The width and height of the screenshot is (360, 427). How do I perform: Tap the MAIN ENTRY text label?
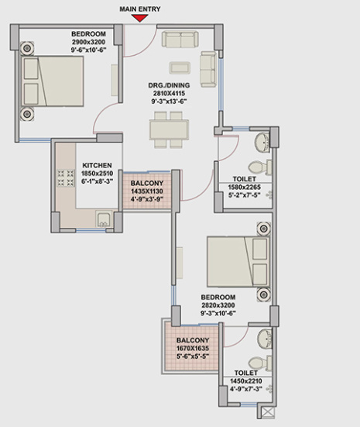coord(141,8)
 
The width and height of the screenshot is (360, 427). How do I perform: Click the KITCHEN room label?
coord(98,165)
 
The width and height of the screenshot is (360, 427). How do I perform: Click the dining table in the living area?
coord(167,128)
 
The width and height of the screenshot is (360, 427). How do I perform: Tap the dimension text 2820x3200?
coord(218,305)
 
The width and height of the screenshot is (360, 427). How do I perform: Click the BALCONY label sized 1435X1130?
coord(146,184)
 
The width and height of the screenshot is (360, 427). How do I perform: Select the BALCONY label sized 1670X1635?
coord(192,341)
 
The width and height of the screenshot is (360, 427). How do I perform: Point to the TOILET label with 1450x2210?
coord(246,373)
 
